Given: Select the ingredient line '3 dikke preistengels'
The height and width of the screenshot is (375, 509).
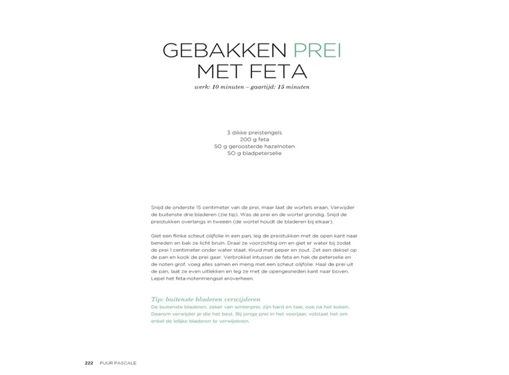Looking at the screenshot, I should pyautogui.click(x=254, y=133).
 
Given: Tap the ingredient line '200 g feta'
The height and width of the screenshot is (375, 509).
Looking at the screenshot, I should pyautogui.click(x=254, y=140).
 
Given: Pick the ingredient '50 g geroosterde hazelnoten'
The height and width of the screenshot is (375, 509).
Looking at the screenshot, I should pyautogui.click(x=254, y=147).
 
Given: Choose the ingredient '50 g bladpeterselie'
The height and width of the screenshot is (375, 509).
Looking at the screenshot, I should pyautogui.click(x=254, y=154).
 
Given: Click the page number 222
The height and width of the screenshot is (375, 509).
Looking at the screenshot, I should pyautogui.click(x=89, y=363).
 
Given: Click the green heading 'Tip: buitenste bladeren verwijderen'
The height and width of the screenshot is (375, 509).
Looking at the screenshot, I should pyautogui.click(x=201, y=299).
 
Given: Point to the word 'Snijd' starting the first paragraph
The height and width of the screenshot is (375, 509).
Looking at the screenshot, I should pyautogui.click(x=157, y=208).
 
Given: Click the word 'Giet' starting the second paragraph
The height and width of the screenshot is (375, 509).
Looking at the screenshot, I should pyautogui.click(x=156, y=236).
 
